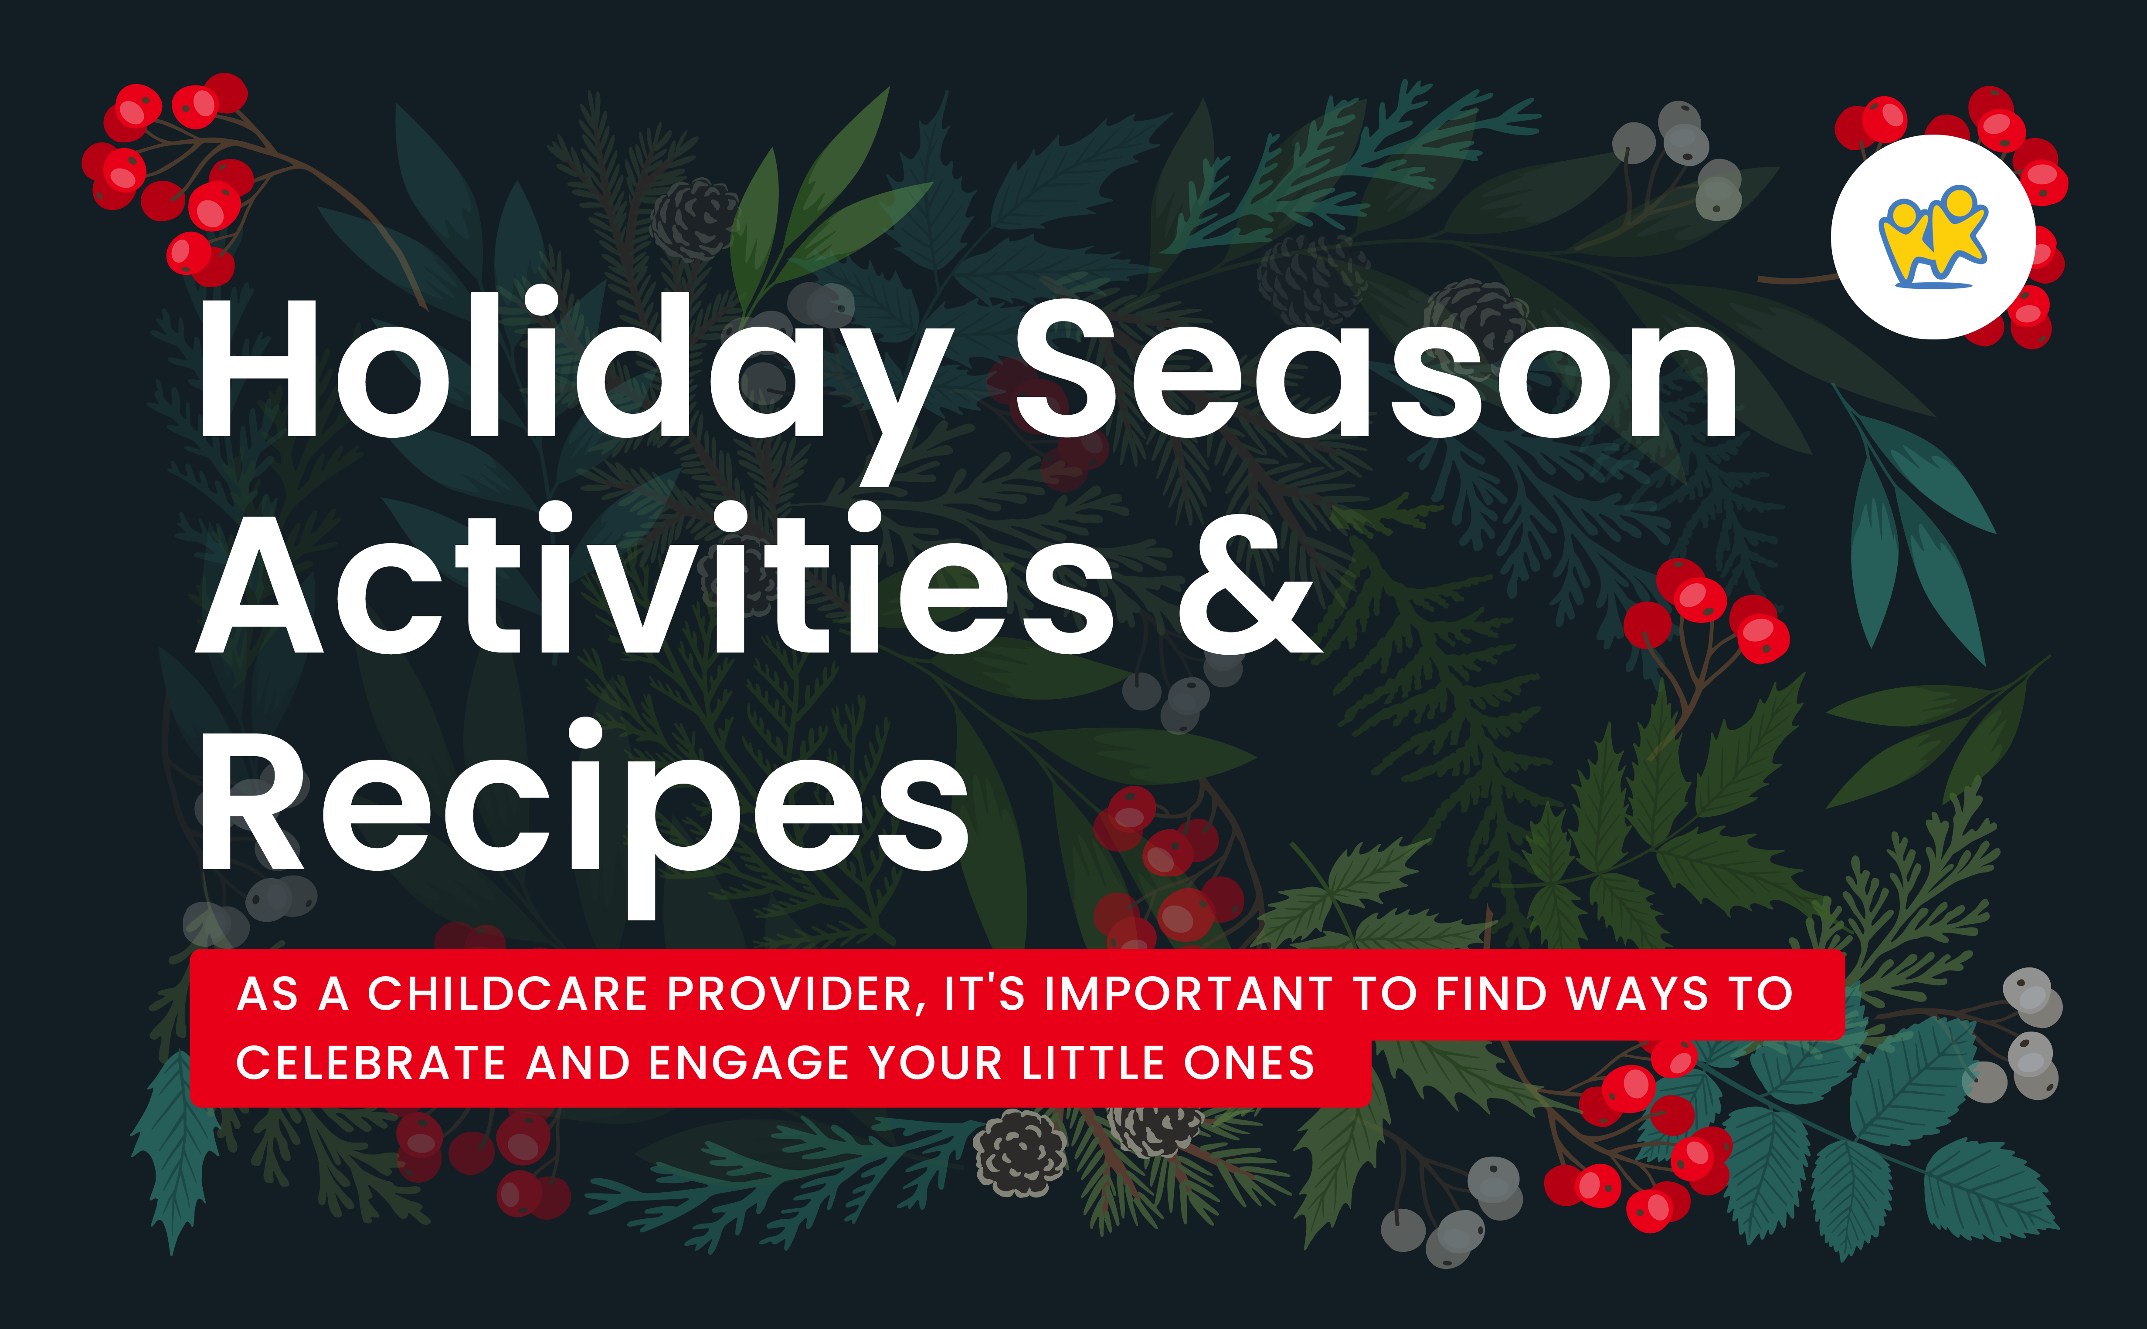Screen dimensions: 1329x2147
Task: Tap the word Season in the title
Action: (1376, 369)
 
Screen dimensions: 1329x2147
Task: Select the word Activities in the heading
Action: (655, 585)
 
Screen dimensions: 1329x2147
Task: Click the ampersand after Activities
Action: (1248, 585)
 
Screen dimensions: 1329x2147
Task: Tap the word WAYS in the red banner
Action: (1637, 994)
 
